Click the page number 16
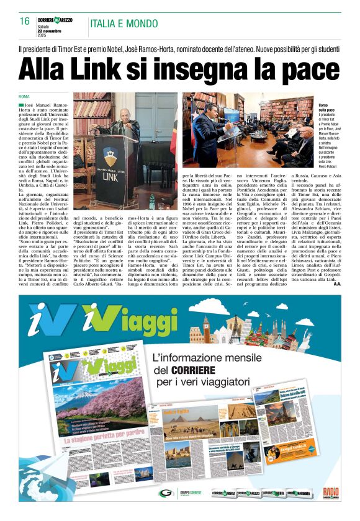25,22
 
